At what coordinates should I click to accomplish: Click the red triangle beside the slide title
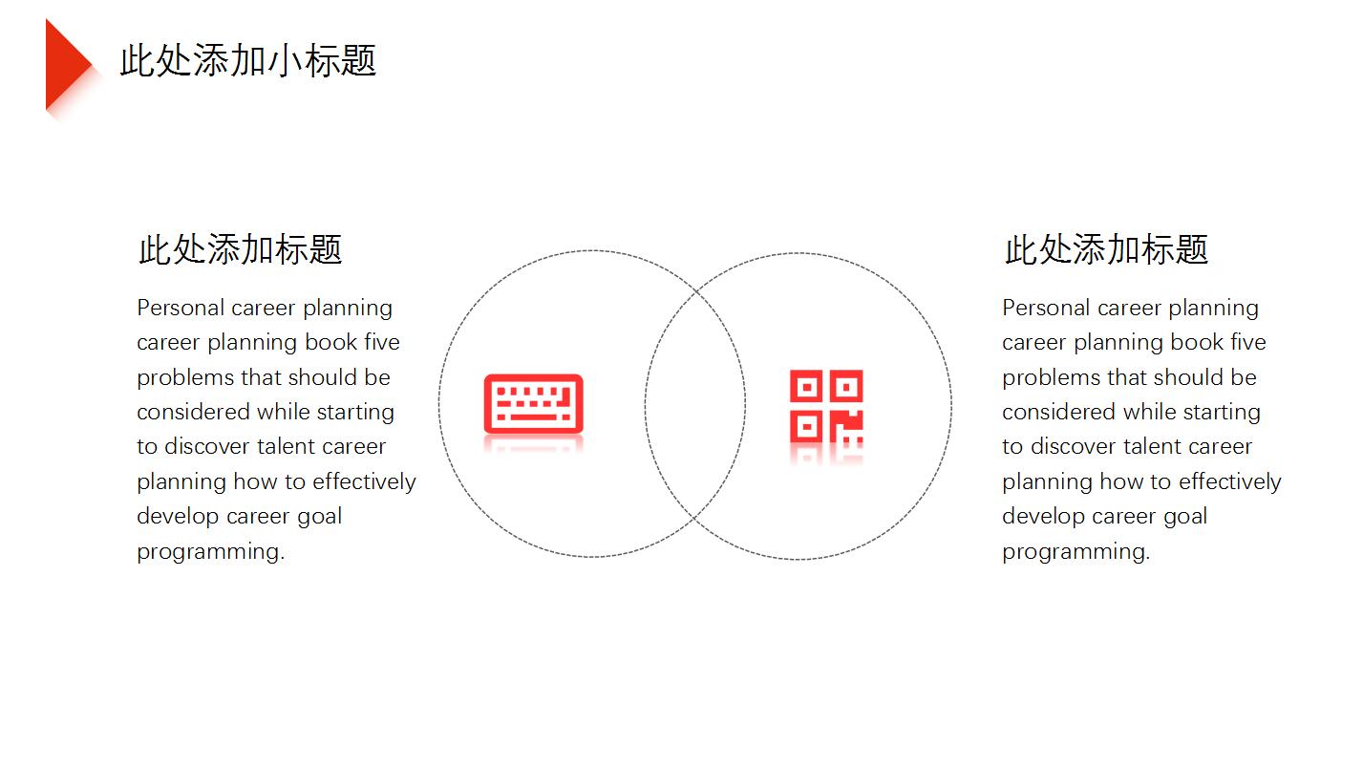pyautogui.click(x=66, y=65)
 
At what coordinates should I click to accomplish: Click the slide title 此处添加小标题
pyautogui.click(x=248, y=61)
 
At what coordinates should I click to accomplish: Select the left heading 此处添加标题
pyautogui.click(x=241, y=249)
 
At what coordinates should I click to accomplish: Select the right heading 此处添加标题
pyautogui.click(x=1106, y=249)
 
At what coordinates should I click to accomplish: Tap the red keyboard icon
pyautogui.click(x=534, y=404)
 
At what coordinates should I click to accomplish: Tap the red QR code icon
pyautogui.click(x=826, y=406)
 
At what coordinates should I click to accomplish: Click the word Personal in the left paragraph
pyautogui.click(x=181, y=308)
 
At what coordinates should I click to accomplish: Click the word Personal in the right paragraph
pyautogui.click(x=1047, y=308)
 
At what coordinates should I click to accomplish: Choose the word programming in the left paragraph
pyautogui.click(x=210, y=552)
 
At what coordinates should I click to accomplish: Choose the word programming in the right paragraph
pyautogui.click(x=1075, y=552)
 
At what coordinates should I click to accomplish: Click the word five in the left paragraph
pyautogui.click(x=382, y=343)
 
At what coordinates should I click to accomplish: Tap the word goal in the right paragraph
pyautogui.click(x=1185, y=517)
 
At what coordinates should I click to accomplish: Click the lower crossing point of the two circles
pyautogui.click(x=693, y=518)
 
